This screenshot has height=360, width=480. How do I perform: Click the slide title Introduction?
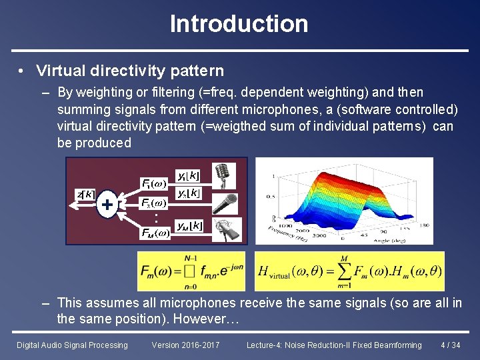pyautogui.click(x=239, y=24)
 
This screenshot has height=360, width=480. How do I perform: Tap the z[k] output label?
pyautogui.click(x=85, y=194)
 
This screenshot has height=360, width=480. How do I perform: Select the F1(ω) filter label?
pyautogui.click(x=154, y=183)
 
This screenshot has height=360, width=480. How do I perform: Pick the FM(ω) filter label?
pyautogui.click(x=155, y=233)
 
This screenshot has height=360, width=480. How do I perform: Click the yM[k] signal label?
pyautogui.click(x=189, y=226)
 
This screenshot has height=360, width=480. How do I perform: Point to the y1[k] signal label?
pyautogui.click(x=188, y=175)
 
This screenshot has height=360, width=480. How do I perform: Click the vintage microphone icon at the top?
pyautogui.click(x=223, y=176)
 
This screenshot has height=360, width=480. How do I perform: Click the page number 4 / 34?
pyautogui.click(x=451, y=345)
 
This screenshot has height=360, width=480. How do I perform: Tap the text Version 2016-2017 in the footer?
pyautogui.click(x=186, y=345)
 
